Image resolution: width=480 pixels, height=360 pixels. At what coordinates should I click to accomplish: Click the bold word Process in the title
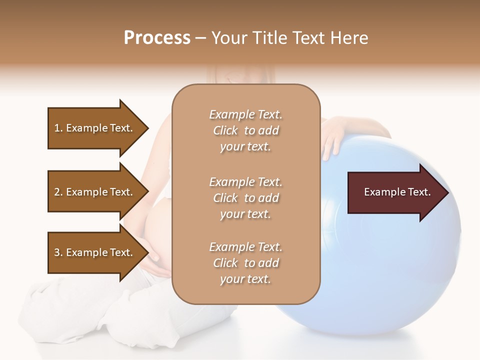coord(157,38)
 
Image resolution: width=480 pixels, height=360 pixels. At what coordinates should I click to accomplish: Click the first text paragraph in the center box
coord(245,130)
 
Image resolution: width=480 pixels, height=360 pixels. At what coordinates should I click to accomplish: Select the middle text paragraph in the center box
coord(245,198)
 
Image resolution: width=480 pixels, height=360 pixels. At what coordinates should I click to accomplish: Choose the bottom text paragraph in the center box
coord(245,263)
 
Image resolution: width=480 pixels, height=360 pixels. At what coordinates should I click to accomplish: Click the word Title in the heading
coord(270,38)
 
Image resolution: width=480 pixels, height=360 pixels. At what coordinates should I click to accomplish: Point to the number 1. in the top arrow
coord(58,128)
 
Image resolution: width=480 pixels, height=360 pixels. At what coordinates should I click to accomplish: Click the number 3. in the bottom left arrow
coord(58,252)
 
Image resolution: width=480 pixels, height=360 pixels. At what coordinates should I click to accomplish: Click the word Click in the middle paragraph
coord(225,198)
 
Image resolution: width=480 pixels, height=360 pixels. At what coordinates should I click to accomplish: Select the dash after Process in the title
coord(200,38)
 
